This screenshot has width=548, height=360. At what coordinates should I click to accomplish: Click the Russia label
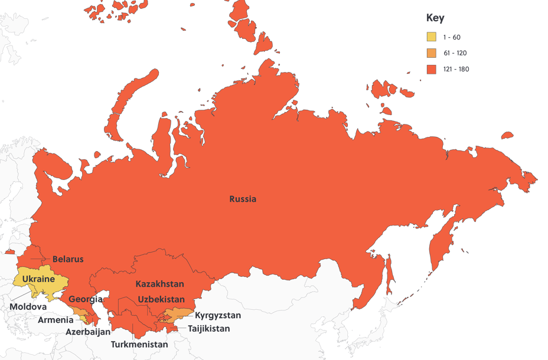pyautogui.click(x=243, y=199)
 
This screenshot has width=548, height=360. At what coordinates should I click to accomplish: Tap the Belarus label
pyautogui.click(x=68, y=259)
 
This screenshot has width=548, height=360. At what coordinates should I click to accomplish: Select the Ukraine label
pyautogui.click(x=38, y=279)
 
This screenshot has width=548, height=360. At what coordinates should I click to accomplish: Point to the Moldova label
pyautogui.click(x=28, y=307)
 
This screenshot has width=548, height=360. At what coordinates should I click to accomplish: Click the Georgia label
pyautogui.click(x=86, y=299)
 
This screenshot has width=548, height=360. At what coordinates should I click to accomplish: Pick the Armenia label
pyautogui.click(x=56, y=320)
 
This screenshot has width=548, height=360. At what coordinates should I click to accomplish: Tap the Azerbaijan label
pyautogui.click(x=88, y=332)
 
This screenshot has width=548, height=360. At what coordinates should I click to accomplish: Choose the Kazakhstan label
pyautogui.click(x=159, y=284)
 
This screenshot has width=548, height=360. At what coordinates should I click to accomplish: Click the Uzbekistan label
pyautogui.click(x=161, y=299)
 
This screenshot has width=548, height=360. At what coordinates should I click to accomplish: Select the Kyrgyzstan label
pyautogui.click(x=218, y=315)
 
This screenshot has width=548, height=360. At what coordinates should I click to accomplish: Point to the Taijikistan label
pyautogui.click(x=209, y=329)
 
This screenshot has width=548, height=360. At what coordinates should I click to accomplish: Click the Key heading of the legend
pyautogui.click(x=435, y=18)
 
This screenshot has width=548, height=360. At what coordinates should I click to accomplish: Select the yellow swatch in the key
pyautogui.click(x=432, y=37)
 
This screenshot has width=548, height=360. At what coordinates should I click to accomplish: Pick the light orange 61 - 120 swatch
pyautogui.click(x=432, y=53)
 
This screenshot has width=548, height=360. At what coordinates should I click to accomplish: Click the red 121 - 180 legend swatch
pyautogui.click(x=432, y=69)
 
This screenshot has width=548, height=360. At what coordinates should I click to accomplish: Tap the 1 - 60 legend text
pyautogui.click(x=452, y=37)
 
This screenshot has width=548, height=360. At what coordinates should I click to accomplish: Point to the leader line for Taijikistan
pyautogui.click(x=180, y=328)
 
